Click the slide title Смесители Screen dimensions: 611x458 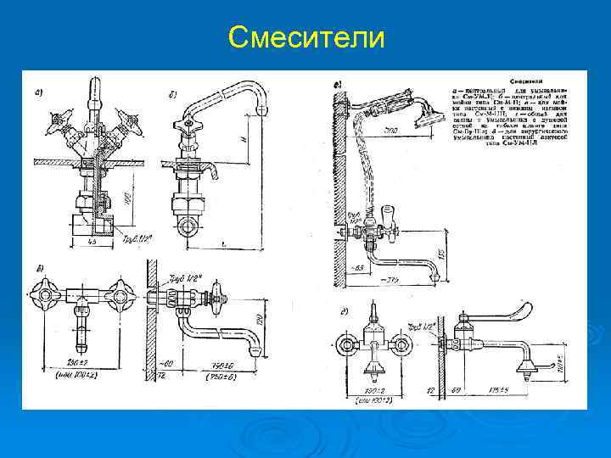coord(305,38)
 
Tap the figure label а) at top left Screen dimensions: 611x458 coord(40,92)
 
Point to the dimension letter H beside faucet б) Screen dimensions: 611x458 coord(244,136)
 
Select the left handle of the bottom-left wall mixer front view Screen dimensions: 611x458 coord(46,290)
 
